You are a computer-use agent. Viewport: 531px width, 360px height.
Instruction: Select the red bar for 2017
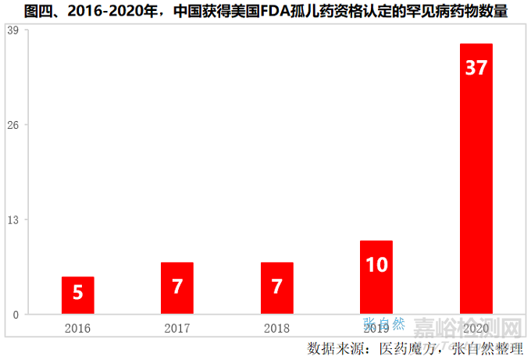[x=177, y=288]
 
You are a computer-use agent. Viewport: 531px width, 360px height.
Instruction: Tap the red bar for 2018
[x=276, y=288]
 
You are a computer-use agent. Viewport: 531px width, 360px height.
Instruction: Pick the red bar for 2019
[x=376, y=277]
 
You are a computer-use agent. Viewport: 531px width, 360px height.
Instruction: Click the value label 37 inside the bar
[x=476, y=68]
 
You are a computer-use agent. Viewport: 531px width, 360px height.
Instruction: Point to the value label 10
[x=376, y=265]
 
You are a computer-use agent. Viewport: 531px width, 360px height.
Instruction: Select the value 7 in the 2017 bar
[x=177, y=286]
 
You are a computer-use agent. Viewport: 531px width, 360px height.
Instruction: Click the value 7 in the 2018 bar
[x=276, y=286]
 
